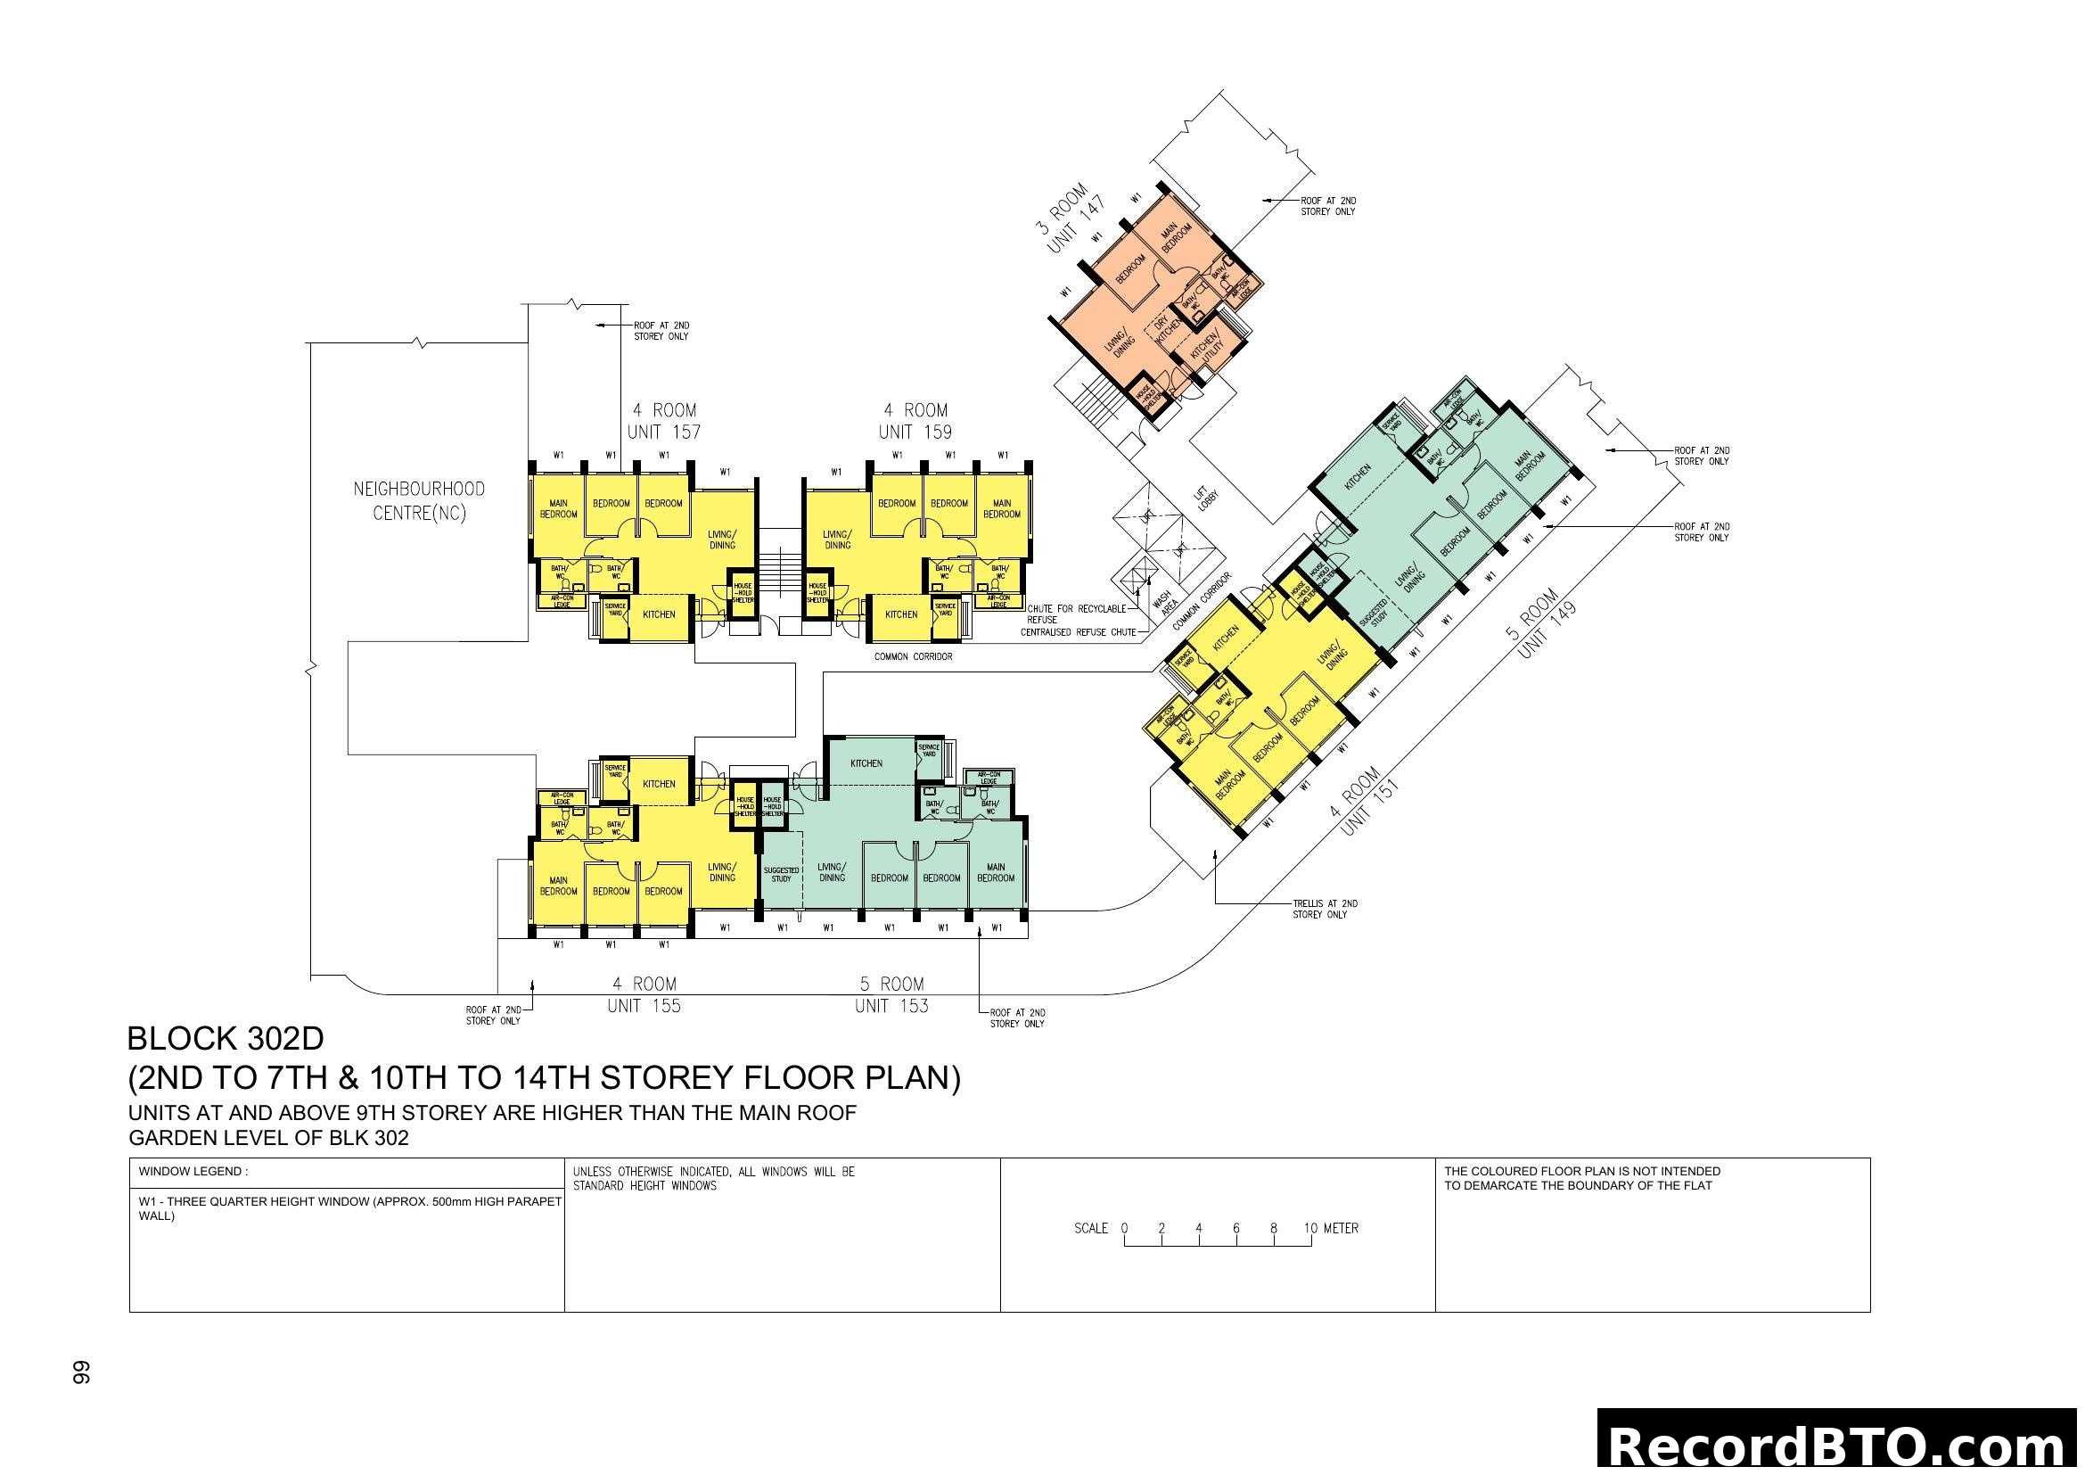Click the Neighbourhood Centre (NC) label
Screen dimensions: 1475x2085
click(x=419, y=500)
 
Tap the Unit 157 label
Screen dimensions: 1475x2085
click(x=664, y=433)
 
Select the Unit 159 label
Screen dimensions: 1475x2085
click(x=915, y=433)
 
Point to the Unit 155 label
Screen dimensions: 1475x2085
click(x=644, y=1006)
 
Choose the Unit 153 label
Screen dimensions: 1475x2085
click(x=891, y=1006)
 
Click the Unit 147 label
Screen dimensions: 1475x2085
click(x=1076, y=225)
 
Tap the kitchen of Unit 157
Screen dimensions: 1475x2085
click(x=660, y=615)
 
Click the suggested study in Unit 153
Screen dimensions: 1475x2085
click(x=781, y=874)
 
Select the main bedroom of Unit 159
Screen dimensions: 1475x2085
click(x=1002, y=508)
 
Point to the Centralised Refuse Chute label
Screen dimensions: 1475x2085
click(x=1078, y=632)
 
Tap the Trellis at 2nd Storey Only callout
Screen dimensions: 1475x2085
click(x=1325, y=909)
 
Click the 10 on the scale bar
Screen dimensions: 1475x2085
click(x=1310, y=1228)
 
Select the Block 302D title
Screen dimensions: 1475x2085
click(x=226, y=1038)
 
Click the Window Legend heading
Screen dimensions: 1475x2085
click(x=193, y=1172)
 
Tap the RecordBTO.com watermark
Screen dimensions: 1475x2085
click(x=1839, y=1446)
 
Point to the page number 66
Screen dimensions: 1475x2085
click(x=82, y=1372)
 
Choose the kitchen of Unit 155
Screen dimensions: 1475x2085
click(x=660, y=784)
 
